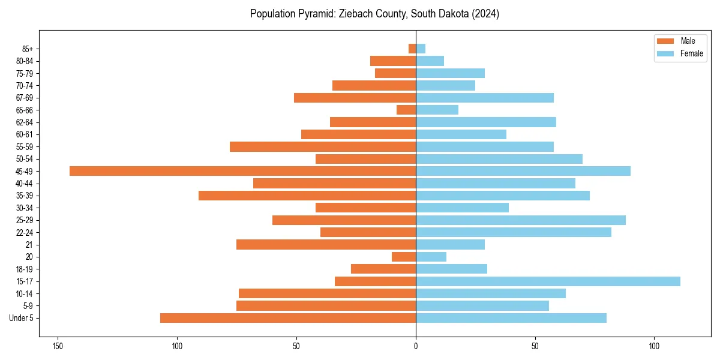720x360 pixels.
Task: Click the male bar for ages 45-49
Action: tap(242, 171)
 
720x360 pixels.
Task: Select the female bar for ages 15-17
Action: tap(548, 281)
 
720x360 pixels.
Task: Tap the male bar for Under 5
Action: tap(288, 318)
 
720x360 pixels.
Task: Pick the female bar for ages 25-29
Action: tap(521, 220)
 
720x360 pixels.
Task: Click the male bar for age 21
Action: tap(326, 245)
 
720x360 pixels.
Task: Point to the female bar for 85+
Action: tap(421, 49)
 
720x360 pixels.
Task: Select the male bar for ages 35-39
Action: tap(307, 196)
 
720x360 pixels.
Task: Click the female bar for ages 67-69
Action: tap(485, 98)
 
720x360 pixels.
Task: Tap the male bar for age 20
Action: tap(404, 257)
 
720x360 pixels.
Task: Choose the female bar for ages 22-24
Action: tap(514, 232)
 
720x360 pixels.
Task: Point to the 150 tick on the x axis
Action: tap(58, 346)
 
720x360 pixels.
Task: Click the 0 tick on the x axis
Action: tap(416, 346)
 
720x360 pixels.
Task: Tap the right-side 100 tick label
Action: tap(654, 346)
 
